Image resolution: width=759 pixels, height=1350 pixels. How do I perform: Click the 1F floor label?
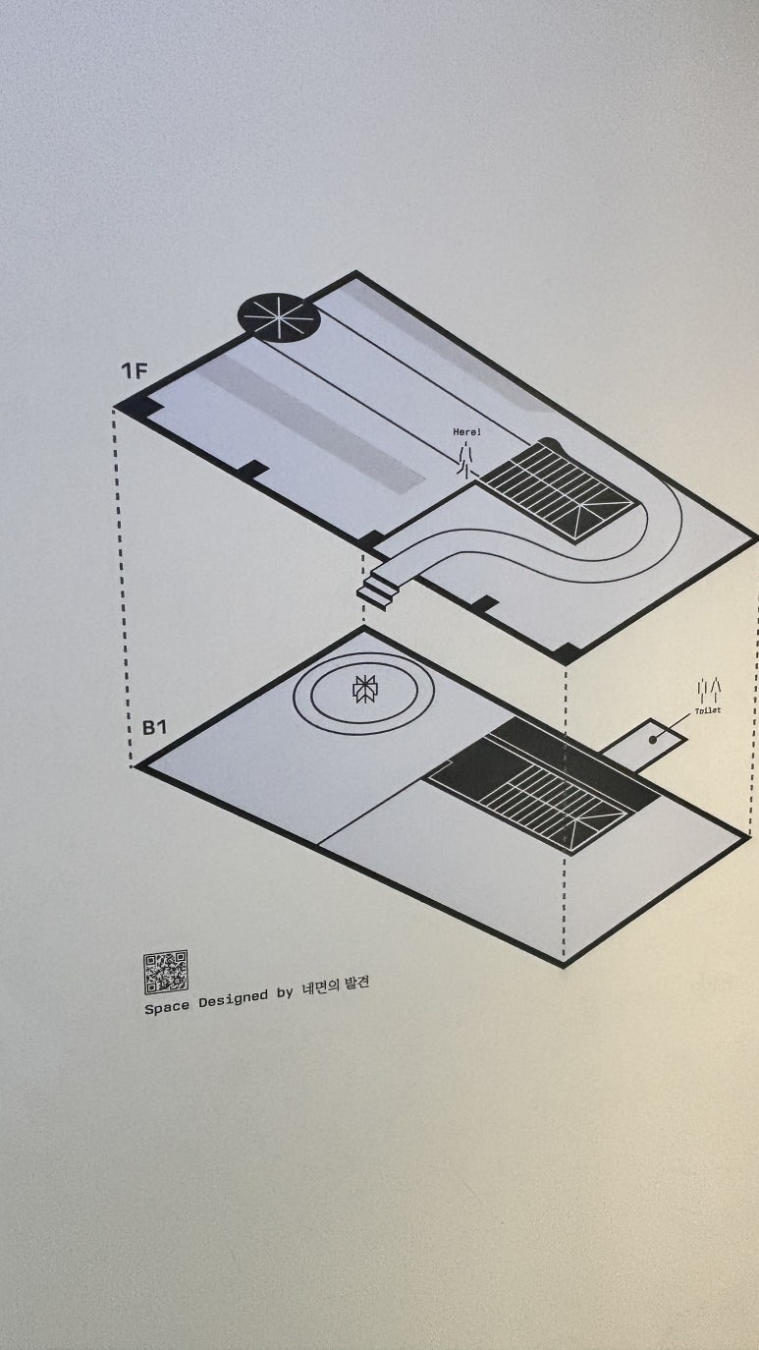(x=135, y=370)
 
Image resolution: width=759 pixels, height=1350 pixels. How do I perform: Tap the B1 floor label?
(x=155, y=728)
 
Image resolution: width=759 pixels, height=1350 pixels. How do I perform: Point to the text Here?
(x=466, y=432)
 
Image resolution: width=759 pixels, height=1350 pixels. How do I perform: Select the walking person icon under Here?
(x=466, y=457)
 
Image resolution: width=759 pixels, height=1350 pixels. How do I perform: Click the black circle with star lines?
(x=279, y=317)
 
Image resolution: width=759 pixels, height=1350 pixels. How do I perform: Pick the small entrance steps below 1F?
(x=379, y=591)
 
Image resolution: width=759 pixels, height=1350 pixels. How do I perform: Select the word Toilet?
(x=707, y=709)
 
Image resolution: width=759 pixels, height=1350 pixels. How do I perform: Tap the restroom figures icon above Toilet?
(x=709, y=688)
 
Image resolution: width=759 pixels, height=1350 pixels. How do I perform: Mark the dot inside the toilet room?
(x=651, y=740)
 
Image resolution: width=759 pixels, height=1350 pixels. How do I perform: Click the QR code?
(x=165, y=973)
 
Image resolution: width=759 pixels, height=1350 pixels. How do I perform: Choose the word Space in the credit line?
(x=167, y=1007)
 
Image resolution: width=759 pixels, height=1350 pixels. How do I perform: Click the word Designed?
(x=232, y=999)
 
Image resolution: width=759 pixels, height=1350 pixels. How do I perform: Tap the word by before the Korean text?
(x=285, y=992)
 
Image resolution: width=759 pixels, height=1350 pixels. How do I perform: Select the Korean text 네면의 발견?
(x=337, y=984)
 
